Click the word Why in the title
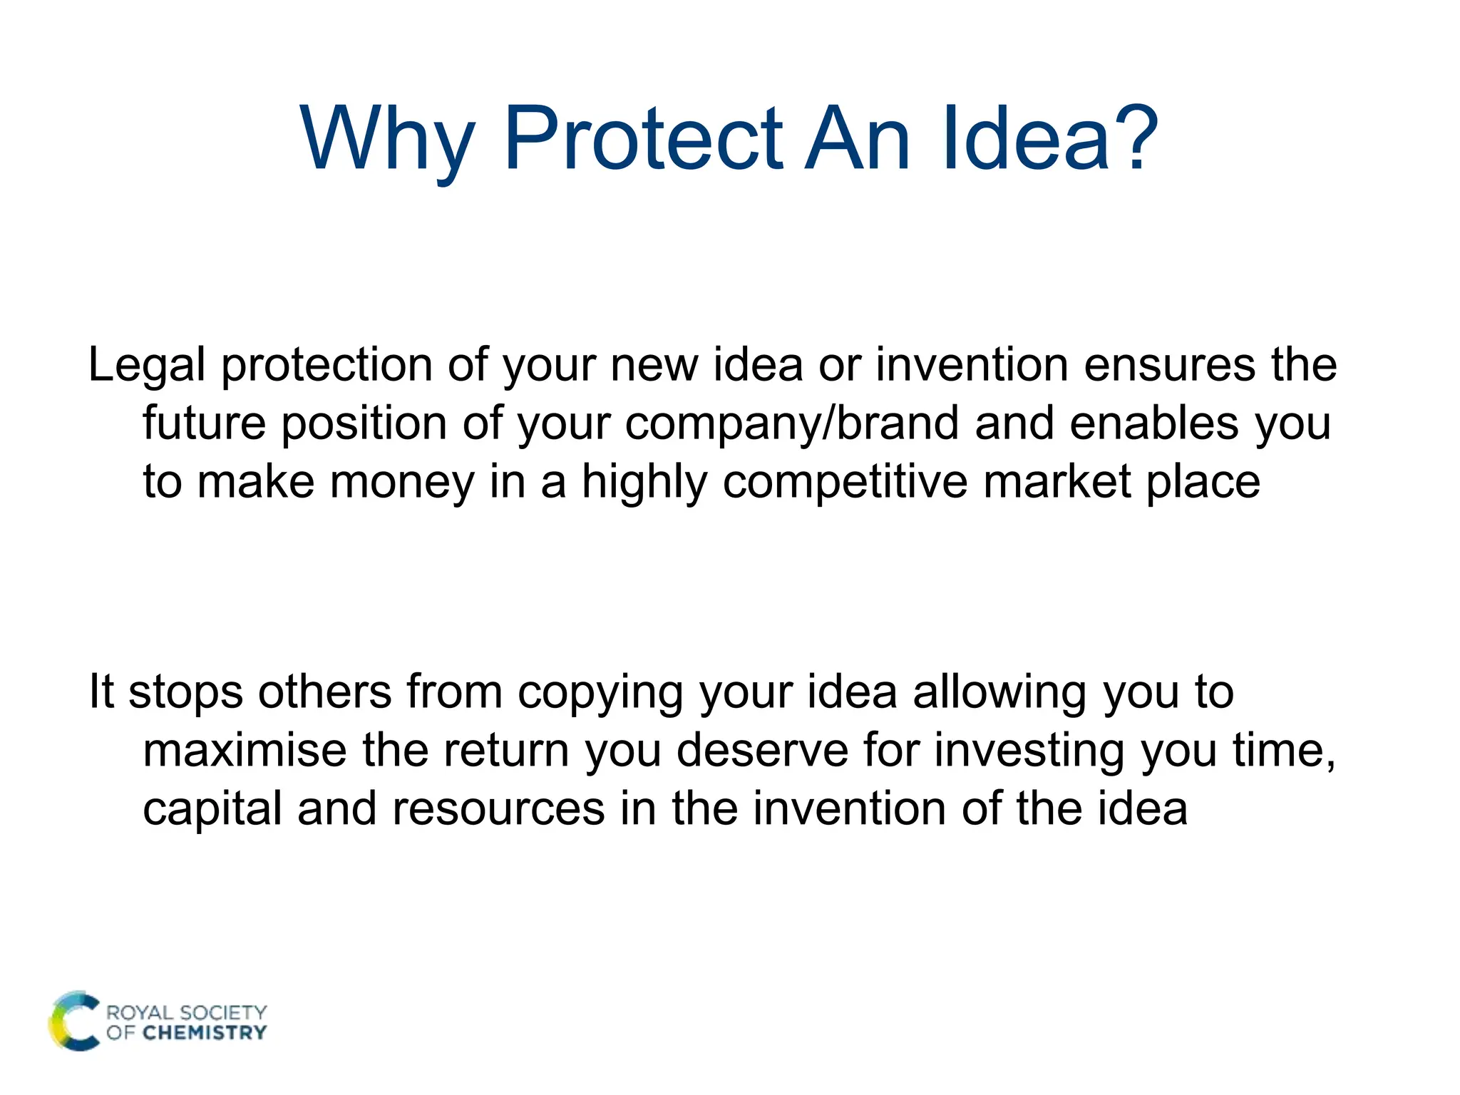386,140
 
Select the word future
205,423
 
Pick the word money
402,483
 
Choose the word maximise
245,751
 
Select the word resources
498,810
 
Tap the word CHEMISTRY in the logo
205,1033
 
